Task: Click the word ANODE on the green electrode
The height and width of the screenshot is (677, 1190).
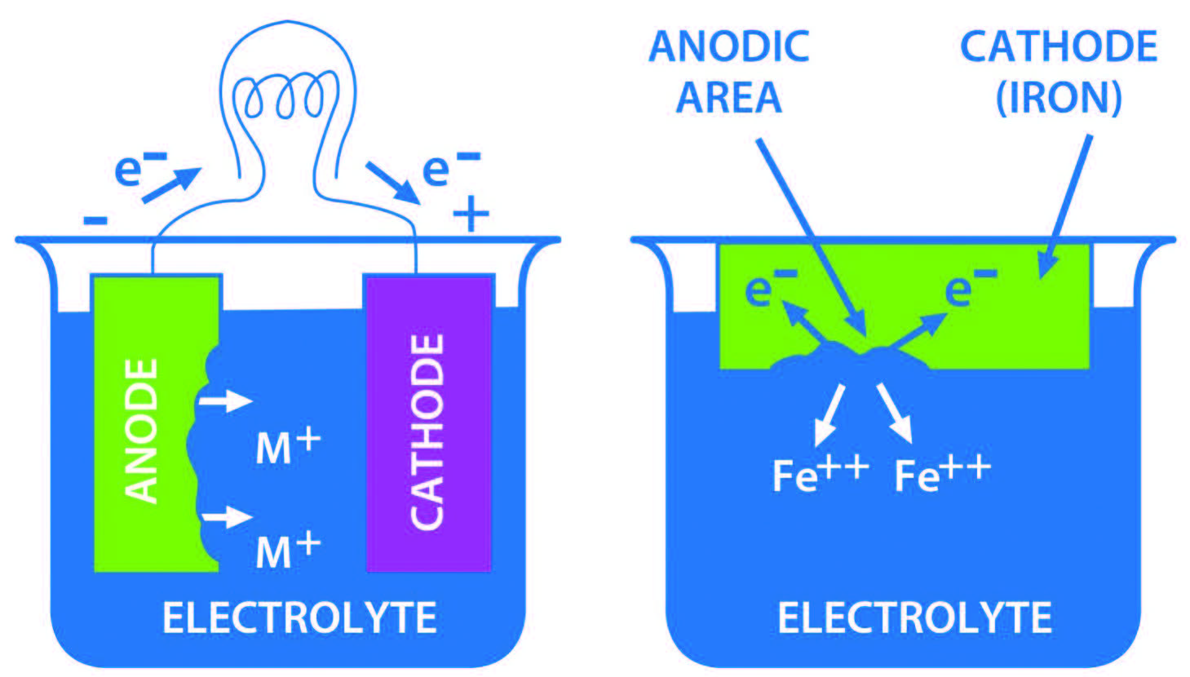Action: tap(141, 431)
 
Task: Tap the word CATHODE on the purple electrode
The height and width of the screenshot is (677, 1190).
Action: tap(427, 432)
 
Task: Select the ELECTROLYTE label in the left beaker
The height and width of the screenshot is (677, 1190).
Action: tap(299, 618)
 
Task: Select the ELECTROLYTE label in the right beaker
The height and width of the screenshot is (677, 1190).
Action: tap(914, 618)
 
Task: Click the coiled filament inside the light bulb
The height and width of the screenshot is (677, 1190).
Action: tap(286, 97)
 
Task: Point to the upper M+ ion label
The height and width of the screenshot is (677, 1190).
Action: tap(288, 447)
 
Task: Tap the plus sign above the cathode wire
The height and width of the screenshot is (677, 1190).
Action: tap(471, 215)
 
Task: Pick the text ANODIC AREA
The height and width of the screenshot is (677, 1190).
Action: tap(729, 72)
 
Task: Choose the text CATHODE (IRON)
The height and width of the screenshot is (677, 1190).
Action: tap(1059, 72)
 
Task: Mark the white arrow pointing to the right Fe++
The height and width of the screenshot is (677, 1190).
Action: tap(895, 414)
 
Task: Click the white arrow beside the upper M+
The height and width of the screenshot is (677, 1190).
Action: tap(226, 400)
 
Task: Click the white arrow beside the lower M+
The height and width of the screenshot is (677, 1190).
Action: tap(228, 516)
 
